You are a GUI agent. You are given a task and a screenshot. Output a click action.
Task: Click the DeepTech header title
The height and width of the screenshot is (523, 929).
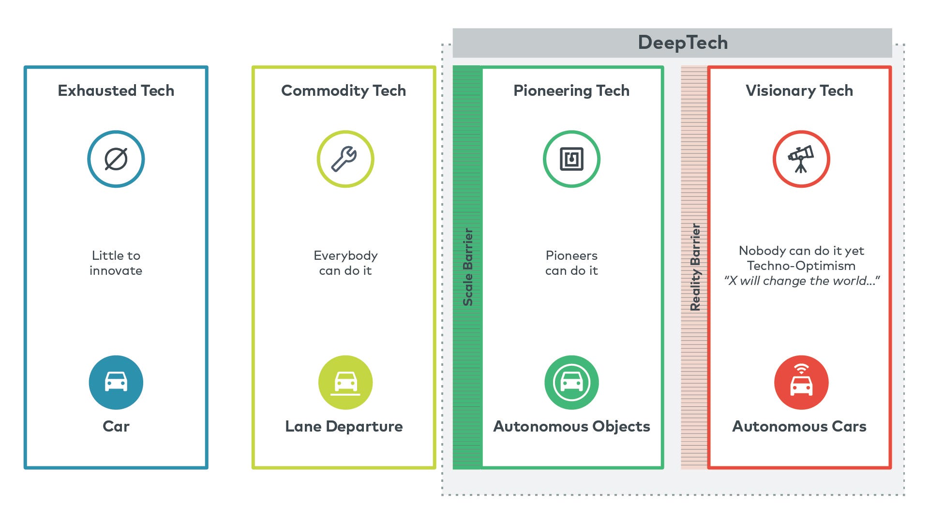[x=683, y=43]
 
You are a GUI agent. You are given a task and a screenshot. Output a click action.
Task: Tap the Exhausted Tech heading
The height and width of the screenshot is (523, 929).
[x=116, y=90]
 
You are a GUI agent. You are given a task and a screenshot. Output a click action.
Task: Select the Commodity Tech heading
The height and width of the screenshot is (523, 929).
[x=344, y=90]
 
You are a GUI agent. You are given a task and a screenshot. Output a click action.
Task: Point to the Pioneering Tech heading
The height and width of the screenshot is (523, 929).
[x=571, y=90]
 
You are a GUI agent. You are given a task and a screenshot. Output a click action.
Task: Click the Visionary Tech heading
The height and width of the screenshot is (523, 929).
[x=799, y=90]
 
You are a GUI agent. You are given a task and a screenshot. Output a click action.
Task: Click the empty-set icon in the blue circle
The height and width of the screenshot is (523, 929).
[x=116, y=159]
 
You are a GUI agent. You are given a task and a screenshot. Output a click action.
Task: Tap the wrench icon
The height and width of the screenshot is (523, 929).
[x=345, y=159]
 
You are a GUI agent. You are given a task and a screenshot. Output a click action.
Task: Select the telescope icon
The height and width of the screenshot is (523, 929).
[x=801, y=159]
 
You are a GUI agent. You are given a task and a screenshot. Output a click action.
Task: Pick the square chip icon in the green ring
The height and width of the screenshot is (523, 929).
[x=571, y=159]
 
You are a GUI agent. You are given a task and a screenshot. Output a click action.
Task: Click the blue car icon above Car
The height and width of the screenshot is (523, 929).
[x=116, y=382]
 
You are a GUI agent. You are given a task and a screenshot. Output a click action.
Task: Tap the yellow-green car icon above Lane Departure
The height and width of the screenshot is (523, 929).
[x=345, y=382]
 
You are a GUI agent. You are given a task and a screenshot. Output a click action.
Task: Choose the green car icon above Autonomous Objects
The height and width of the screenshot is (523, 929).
[x=571, y=382]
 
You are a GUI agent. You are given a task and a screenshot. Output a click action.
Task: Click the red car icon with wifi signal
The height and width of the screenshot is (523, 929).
[x=801, y=382]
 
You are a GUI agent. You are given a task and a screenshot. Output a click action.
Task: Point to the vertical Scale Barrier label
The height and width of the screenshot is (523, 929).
[x=468, y=267]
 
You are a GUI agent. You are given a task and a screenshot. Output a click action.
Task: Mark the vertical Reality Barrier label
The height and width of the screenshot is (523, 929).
[x=695, y=267]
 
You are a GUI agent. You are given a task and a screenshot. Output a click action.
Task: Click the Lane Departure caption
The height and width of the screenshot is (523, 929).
[x=344, y=426]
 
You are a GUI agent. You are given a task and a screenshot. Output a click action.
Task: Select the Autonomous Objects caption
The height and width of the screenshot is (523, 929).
[x=571, y=426]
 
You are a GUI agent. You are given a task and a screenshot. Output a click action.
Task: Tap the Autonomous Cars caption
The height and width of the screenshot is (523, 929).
[x=799, y=426]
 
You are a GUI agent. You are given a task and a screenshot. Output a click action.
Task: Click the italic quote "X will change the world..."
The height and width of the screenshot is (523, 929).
[x=802, y=281]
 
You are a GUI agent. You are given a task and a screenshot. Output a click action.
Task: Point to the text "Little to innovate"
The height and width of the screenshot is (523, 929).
[x=116, y=263]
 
